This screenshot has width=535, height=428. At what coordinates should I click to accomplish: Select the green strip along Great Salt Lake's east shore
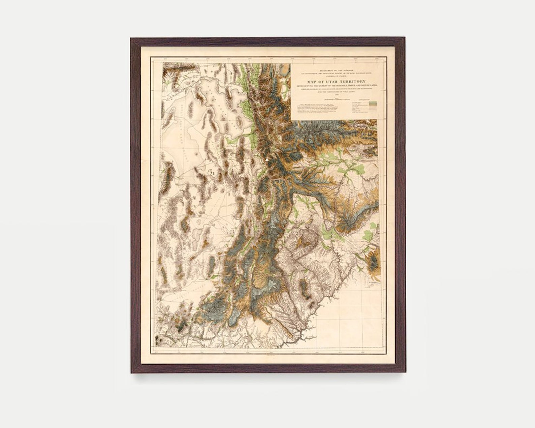(247, 111)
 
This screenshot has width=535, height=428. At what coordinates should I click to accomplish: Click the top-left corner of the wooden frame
(131, 38)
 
